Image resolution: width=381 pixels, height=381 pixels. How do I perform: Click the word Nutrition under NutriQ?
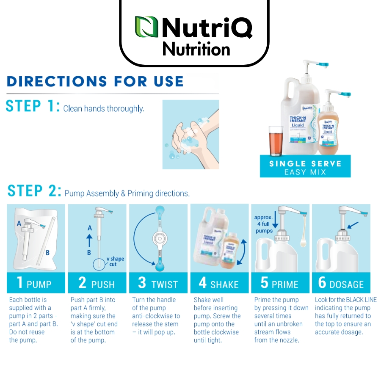click(x=196, y=50)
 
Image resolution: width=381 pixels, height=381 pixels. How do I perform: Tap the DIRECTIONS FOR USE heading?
click(x=95, y=81)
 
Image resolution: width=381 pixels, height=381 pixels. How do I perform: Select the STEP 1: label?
click(x=32, y=106)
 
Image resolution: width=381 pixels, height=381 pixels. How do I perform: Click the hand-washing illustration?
click(x=190, y=134)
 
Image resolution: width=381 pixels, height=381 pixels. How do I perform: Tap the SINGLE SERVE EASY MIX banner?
click(x=305, y=167)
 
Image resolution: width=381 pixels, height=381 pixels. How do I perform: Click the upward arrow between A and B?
click(x=90, y=240)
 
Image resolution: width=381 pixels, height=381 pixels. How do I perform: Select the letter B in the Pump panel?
click(x=47, y=253)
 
